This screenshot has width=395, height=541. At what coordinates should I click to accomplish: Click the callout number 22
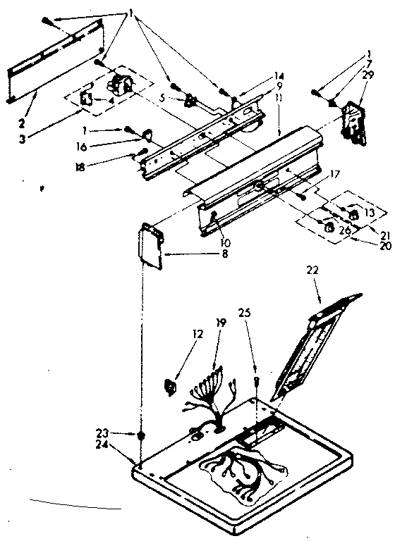[314, 269]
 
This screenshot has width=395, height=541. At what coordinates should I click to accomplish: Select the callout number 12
[198, 334]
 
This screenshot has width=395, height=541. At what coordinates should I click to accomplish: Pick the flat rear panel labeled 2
[56, 64]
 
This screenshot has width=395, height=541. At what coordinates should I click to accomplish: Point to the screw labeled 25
[257, 380]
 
